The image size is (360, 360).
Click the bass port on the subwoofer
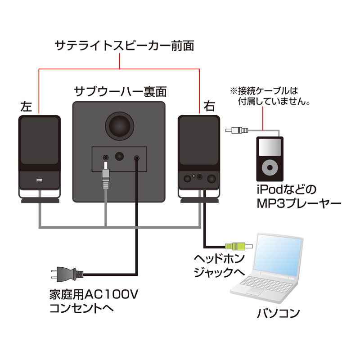coord(120,124)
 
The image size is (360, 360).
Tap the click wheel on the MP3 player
coord(270,168)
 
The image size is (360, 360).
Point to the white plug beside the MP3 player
coord(236,130)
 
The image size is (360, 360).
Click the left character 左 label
coord(27,107)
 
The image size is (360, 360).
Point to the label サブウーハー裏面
coord(120,92)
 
